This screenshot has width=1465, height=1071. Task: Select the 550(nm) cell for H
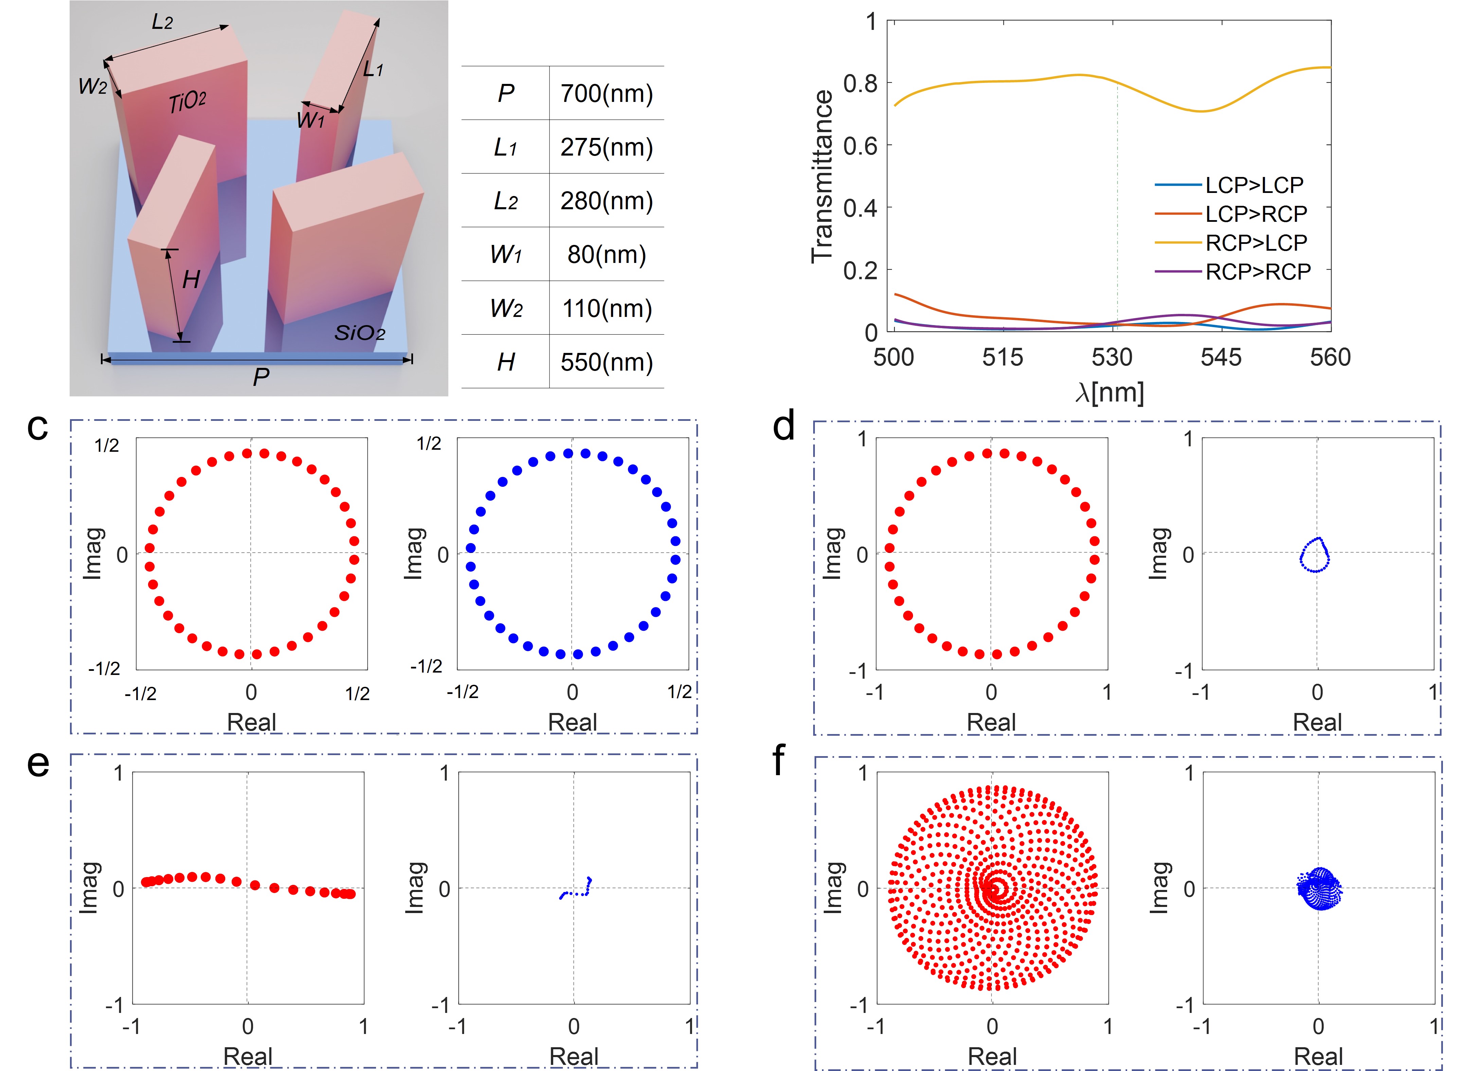(606, 362)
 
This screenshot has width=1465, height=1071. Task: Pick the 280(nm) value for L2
(606, 201)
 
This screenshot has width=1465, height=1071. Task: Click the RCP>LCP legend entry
(1256, 243)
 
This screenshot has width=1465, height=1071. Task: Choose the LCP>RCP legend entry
(1256, 214)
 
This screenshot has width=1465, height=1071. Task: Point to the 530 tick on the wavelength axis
(1112, 357)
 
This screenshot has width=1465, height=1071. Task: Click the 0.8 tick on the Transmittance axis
(860, 84)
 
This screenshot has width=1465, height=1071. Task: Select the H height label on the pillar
(191, 280)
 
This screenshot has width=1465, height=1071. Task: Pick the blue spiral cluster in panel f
(1319, 890)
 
